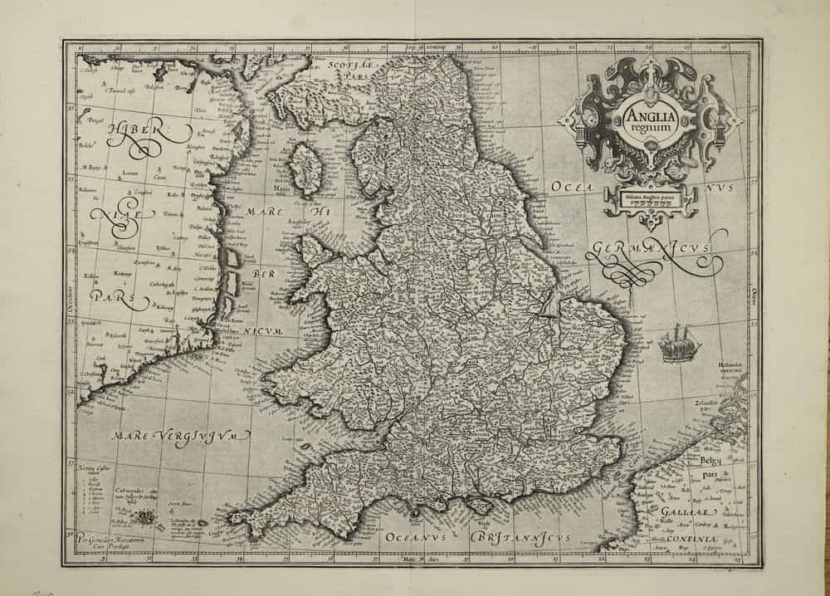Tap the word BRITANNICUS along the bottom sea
click(520, 538)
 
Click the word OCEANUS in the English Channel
click(415, 538)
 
